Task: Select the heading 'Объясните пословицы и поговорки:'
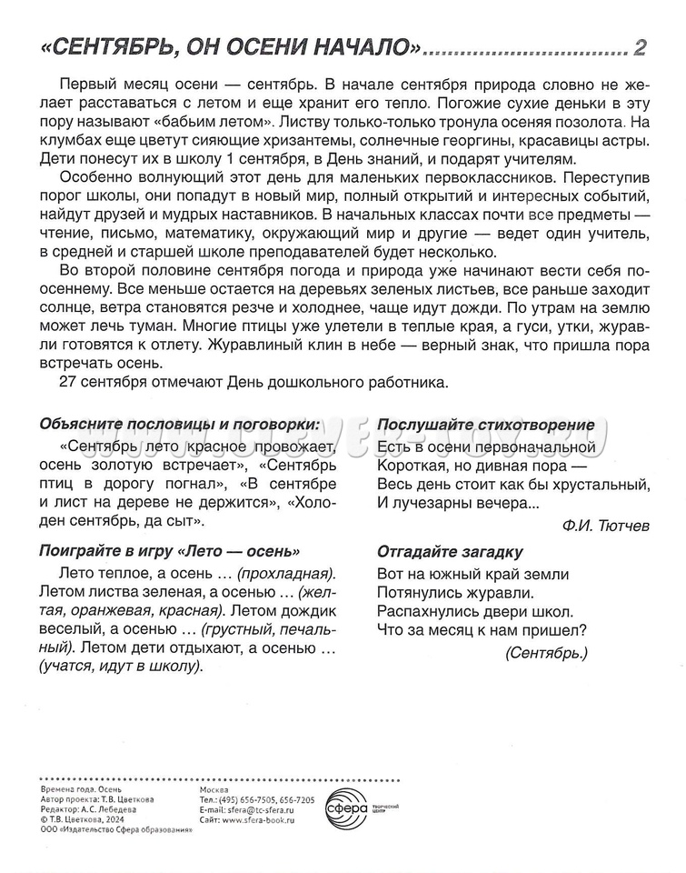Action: [x=179, y=424]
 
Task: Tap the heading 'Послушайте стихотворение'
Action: [x=486, y=425]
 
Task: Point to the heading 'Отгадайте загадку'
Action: [x=450, y=552]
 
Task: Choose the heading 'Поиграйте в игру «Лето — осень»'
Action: [x=170, y=552]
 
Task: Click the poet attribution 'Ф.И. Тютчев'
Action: [x=606, y=525]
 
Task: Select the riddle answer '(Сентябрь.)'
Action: [x=545, y=652]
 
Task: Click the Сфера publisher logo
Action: [x=348, y=807]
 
